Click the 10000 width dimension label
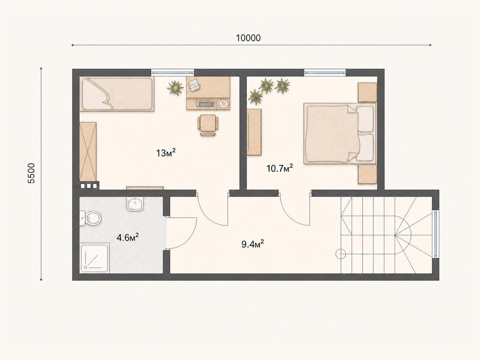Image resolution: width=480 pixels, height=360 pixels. (248, 38)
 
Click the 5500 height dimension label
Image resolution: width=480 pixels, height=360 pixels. (31, 173)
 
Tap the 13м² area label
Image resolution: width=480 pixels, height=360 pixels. (166, 153)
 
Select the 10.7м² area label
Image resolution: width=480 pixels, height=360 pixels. (280, 168)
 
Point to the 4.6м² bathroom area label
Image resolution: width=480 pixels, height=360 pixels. (127, 237)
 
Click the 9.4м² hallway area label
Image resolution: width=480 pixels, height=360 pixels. (253, 244)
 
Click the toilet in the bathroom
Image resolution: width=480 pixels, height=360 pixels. (90, 218)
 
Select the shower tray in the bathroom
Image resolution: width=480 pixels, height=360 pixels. (94, 258)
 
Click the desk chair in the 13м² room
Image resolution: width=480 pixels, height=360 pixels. (208, 125)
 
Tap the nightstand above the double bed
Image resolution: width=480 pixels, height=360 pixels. (367, 92)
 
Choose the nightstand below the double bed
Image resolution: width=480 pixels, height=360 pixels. (367, 174)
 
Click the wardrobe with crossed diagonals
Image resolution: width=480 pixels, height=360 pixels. (88, 152)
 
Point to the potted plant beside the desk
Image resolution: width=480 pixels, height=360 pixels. (175, 88)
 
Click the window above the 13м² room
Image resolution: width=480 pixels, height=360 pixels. (173, 72)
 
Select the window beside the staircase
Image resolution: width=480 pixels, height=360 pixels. (435, 234)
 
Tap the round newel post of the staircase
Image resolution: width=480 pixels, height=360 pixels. (341, 254)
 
